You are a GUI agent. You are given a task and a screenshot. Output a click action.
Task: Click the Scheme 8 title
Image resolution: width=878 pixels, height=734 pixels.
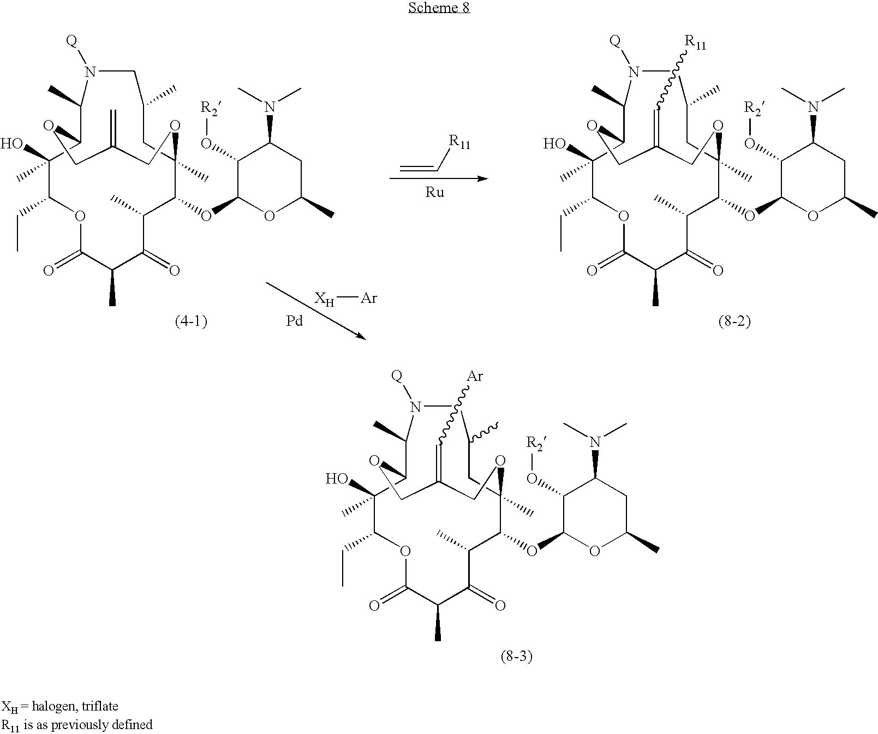[x=439, y=8]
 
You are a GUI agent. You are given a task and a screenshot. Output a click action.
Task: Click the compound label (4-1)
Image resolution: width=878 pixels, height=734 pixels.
[x=191, y=321]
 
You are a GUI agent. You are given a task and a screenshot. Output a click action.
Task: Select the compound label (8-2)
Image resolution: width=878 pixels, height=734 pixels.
[x=734, y=321]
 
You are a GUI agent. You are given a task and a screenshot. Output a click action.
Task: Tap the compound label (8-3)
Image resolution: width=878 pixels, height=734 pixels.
[x=516, y=657]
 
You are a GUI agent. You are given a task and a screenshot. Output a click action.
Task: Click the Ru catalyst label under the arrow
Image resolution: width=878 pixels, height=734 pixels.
[x=435, y=193]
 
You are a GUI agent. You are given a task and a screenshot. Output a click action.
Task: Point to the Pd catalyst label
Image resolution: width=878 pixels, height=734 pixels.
[x=295, y=321]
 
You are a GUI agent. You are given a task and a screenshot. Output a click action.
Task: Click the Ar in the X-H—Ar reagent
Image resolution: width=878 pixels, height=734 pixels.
[x=369, y=299]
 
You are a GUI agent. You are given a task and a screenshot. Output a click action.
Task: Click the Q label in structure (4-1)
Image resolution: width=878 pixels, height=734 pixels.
[x=71, y=41]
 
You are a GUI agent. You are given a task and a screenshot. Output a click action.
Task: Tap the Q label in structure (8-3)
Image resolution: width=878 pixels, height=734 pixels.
[x=397, y=375]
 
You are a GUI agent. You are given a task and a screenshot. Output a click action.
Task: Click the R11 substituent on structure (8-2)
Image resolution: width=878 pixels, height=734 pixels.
[x=695, y=44]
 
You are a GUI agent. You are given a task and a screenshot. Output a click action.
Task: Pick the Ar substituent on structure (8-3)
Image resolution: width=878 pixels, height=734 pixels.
[x=475, y=376]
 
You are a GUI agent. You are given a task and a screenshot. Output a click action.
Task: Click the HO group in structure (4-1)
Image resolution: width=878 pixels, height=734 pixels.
[x=11, y=144]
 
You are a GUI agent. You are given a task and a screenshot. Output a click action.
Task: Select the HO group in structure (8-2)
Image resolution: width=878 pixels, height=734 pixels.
[x=554, y=144]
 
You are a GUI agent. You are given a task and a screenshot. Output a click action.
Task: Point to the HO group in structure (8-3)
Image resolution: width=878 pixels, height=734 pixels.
[x=337, y=479]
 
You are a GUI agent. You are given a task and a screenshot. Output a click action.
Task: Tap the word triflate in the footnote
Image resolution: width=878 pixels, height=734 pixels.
[x=99, y=706]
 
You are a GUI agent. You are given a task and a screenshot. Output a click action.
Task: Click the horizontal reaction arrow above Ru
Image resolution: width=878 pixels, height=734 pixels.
[x=438, y=178]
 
